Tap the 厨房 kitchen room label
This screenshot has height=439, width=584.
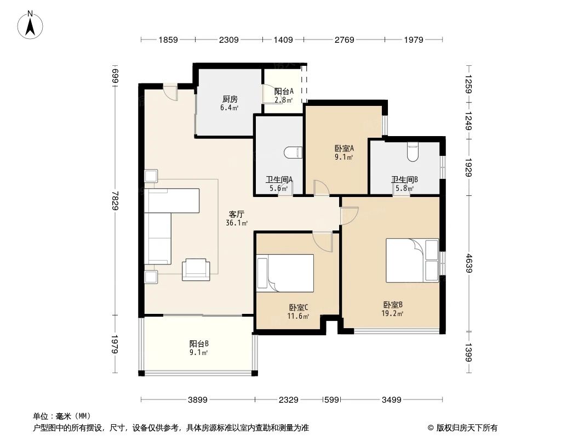click(x=230, y=103)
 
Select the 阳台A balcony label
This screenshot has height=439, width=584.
click(x=284, y=95)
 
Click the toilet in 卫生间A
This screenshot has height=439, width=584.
click(x=294, y=152)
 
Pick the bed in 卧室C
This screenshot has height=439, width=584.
click(x=285, y=273)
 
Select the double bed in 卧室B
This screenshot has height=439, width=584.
click(x=413, y=260)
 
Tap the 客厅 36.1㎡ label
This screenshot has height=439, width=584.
click(x=237, y=218)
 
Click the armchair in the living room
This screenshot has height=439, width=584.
click(x=196, y=268)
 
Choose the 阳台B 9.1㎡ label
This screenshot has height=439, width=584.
click(x=198, y=348)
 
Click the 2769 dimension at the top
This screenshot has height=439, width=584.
click(x=345, y=40)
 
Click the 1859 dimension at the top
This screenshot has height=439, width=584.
click(x=168, y=40)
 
